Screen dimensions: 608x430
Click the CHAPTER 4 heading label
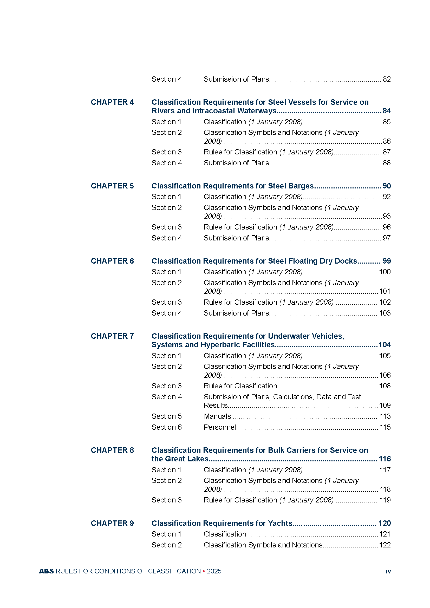click(x=112, y=102)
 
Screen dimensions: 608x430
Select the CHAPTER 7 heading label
click(x=112, y=336)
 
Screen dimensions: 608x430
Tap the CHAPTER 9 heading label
click(x=112, y=523)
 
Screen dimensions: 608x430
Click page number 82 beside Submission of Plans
click(x=387, y=79)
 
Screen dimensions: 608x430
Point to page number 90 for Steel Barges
click(x=387, y=186)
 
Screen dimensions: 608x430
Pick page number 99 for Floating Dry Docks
click(x=387, y=261)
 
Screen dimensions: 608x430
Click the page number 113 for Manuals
click(x=385, y=416)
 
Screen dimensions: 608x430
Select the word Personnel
click(x=219, y=427)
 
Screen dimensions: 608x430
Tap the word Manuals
click(x=217, y=416)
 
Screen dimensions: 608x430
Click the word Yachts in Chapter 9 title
click(x=280, y=523)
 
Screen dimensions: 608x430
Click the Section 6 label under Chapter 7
click(x=167, y=427)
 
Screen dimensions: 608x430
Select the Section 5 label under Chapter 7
click(x=167, y=416)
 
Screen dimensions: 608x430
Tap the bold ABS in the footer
click(x=46, y=571)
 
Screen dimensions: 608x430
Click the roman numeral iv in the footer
click(x=388, y=571)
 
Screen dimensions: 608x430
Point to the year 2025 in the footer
click(x=214, y=571)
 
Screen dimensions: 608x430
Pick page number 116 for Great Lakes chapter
click(x=385, y=459)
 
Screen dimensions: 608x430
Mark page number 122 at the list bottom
click(x=385, y=545)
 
